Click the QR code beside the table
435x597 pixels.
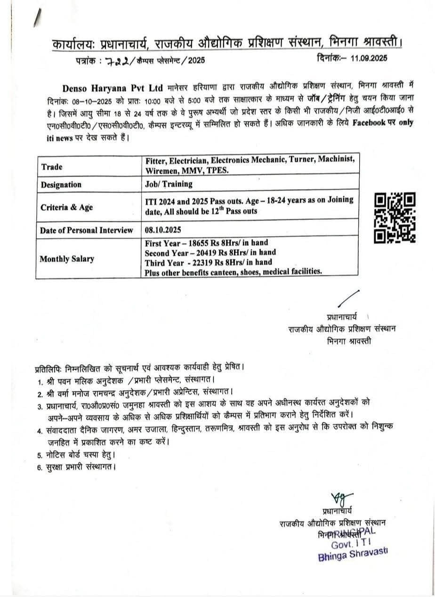tap(395, 218)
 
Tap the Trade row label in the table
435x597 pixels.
tap(51, 167)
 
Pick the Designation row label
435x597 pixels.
tap(61, 185)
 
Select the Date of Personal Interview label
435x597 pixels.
tap(86, 230)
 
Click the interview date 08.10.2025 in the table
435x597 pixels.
tap(163, 230)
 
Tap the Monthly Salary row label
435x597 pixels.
tap(66, 258)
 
